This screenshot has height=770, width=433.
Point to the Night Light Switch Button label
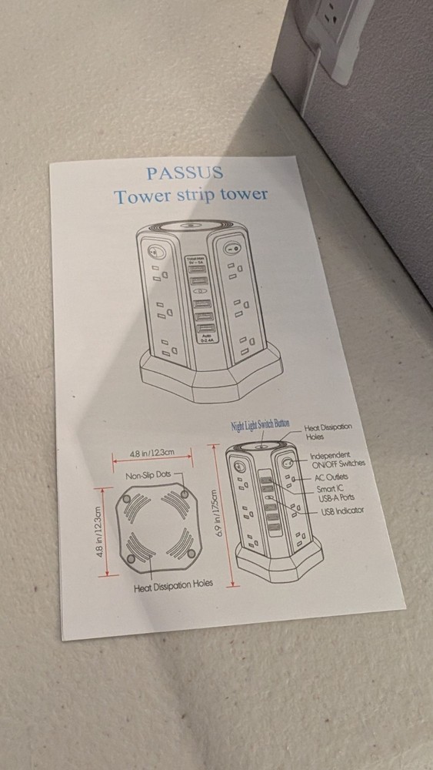tap(260, 425)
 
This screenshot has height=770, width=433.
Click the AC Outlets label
tap(331, 477)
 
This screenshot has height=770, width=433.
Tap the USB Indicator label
tap(342, 511)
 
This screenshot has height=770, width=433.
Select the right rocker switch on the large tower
tap(231, 249)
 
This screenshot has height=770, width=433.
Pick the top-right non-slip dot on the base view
tap(185, 493)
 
